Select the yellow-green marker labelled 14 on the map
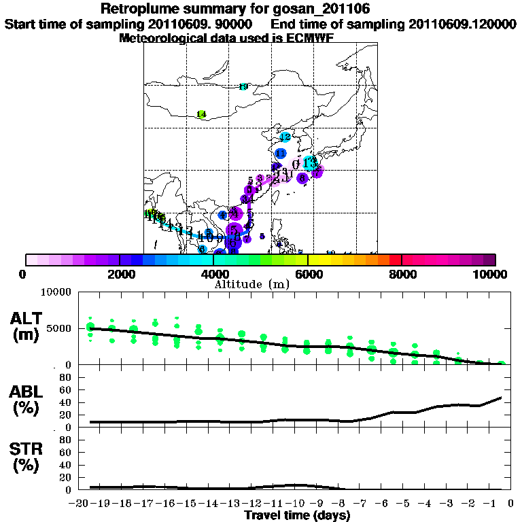(x=201, y=114)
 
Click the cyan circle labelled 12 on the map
(x=285, y=137)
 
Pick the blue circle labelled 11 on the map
(x=280, y=154)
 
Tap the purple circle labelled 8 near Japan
(x=303, y=177)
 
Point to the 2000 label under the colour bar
(x=119, y=274)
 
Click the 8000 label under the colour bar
(x=402, y=274)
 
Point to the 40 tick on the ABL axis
(x=67, y=402)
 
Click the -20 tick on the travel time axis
(x=80, y=502)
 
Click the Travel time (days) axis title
(x=297, y=515)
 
